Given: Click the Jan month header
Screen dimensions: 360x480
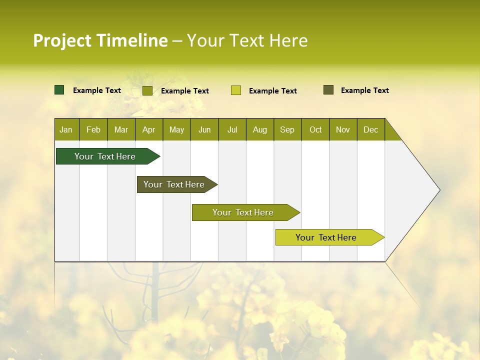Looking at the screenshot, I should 66,129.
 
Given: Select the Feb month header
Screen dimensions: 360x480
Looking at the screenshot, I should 93,129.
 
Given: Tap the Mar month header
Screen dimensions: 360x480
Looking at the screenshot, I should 121,129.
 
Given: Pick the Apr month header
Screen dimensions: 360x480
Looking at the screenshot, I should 149,129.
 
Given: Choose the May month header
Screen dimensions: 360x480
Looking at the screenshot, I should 176,129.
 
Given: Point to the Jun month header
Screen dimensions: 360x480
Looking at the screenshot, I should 204,129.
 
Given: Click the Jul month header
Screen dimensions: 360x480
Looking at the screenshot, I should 232,129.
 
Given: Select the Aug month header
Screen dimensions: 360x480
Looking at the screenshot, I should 260,129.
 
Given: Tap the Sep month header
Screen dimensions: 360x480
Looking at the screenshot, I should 287,129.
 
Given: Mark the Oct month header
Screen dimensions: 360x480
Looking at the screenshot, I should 315,129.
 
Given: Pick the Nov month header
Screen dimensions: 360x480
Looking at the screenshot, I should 343,129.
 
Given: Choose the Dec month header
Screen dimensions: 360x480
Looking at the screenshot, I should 371,129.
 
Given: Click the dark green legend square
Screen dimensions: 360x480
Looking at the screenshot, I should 59,90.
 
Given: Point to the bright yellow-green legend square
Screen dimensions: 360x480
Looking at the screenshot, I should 236,90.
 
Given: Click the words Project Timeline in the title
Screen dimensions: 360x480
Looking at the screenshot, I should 100,40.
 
